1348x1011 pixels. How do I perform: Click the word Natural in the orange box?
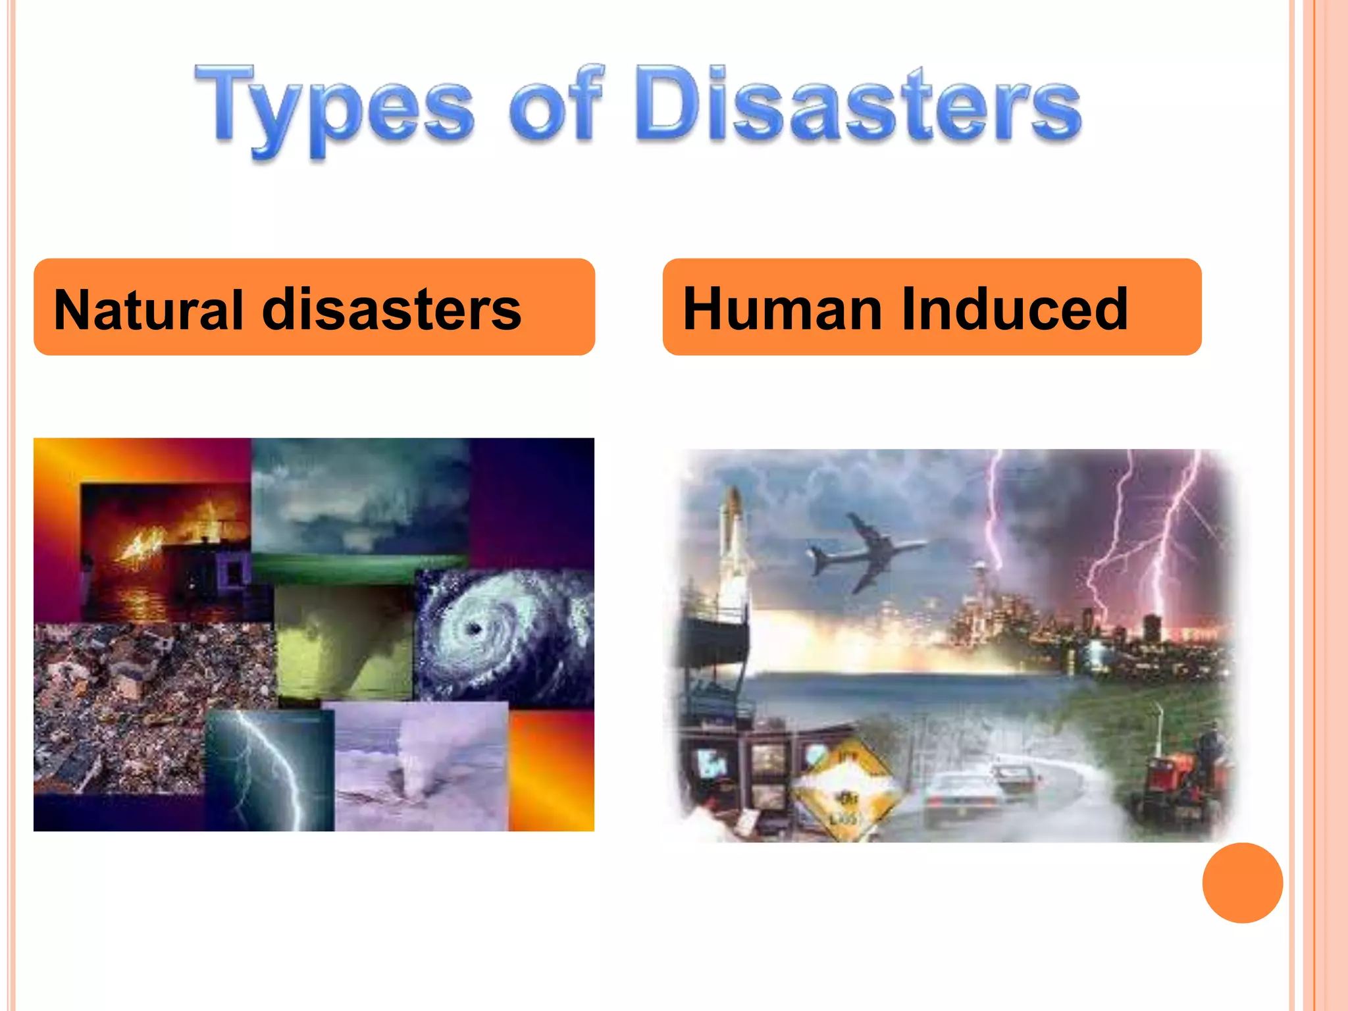[149, 309]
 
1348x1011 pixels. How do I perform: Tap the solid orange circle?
[1242, 883]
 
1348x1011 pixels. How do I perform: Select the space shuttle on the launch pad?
[733, 546]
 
